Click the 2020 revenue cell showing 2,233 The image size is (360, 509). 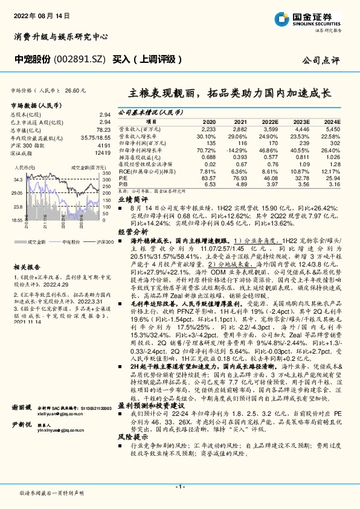[x=208, y=129]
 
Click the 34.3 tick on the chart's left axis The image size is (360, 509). [x=18, y=180]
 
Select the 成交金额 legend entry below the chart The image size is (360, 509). [x=37, y=241]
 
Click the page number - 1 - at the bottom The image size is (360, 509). [x=179, y=487]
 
